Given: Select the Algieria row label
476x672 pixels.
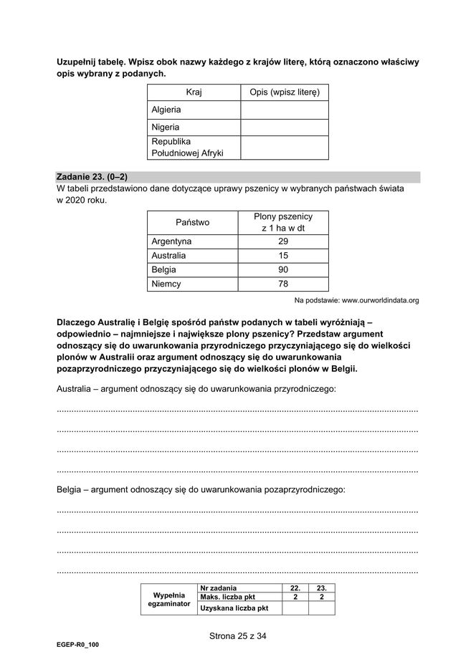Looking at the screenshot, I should point(166,110).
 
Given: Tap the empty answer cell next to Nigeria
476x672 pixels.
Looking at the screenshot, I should point(284,127).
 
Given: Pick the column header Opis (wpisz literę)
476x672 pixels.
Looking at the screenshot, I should point(284,92).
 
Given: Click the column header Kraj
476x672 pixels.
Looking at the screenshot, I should point(194,92).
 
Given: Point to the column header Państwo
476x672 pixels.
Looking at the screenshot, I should point(192,222).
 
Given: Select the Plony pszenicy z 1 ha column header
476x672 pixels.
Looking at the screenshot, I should point(282,222).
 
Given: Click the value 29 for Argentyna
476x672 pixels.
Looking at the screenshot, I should point(282,241).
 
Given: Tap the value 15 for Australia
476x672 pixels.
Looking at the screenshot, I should point(282,256).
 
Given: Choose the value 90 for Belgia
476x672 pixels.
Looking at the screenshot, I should point(282,270).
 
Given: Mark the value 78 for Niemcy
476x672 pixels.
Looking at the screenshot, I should point(282,284).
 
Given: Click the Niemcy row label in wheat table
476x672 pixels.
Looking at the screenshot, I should point(166,284).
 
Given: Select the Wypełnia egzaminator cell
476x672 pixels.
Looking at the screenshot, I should point(169,599).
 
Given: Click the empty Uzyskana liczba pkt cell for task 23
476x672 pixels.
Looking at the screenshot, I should point(322,608).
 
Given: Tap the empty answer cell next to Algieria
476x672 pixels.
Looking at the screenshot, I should point(284,110).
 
